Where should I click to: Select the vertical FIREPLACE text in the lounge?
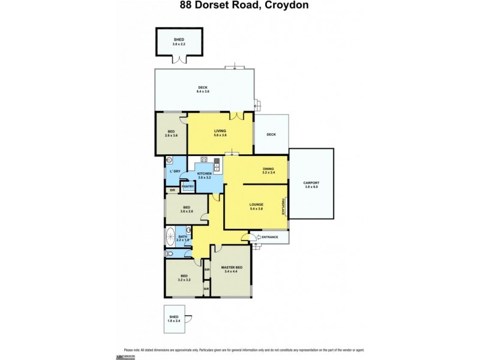pyautogui.click(x=282, y=208)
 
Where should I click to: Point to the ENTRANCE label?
pyautogui.click(x=271, y=238)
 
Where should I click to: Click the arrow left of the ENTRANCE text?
pyautogui.click(x=258, y=238)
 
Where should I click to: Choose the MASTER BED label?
pyautogui.click(x=231, y=267)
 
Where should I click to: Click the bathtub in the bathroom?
pyautogui.click(x=172, y=235)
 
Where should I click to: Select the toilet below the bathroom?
pyautogui.click(x=170, y=254)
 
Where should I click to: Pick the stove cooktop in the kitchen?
pyautogui.click(x=204, y=160)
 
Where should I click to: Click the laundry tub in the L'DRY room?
pyautogui.click(x=170, y=160)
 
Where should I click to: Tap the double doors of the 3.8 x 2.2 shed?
pyautogui.click(x=179, y=59)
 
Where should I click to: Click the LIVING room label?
pyautogui.click(x=220, y=130)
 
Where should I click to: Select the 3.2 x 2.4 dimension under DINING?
pyautogui.click(x=268, y=173)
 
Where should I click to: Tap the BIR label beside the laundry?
pyautogui.click(x=172, y=191)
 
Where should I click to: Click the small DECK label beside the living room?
pyautogui.click(x=271, y=134)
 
